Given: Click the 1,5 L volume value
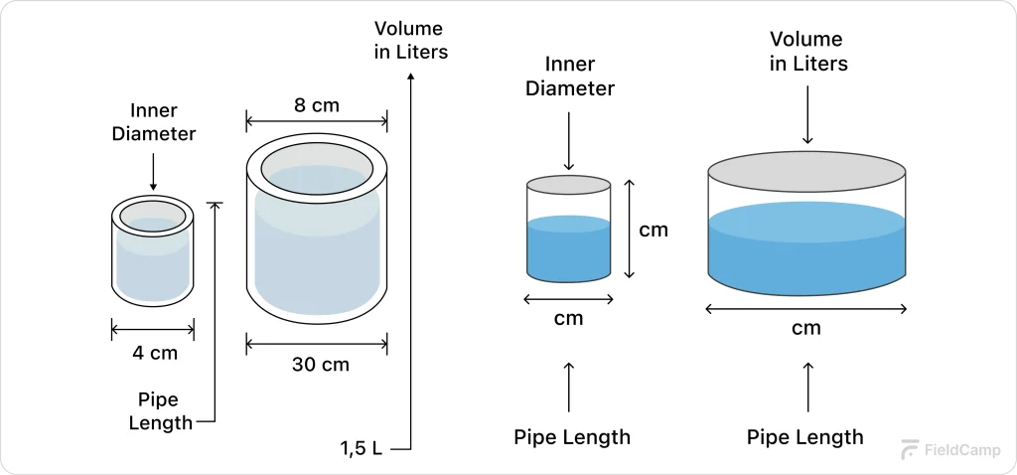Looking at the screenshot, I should pos(362,448).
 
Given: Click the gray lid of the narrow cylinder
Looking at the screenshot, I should pos(568,186).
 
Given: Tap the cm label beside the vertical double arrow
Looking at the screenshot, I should pos(653,230).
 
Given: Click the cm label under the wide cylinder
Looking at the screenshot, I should pos(806,328).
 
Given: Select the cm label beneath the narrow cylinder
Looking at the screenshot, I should pos(568,318).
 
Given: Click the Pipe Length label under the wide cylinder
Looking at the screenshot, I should pos(805,437).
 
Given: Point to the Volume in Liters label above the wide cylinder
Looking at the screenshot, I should pos(807,52).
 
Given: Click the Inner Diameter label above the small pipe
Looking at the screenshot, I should pos(153,122).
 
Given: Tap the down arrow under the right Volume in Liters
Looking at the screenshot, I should pos(807,115).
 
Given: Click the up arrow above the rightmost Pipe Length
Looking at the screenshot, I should pos(807,388).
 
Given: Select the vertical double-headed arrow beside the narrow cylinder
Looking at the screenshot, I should pos(629,229).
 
